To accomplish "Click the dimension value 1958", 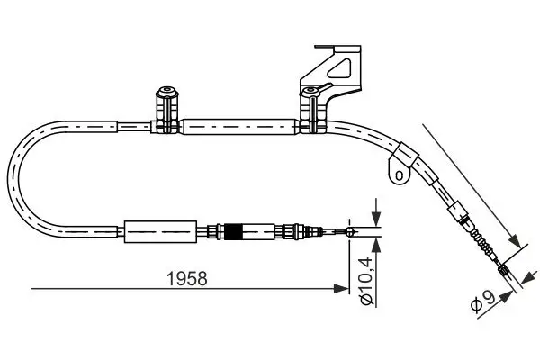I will pos(190,278).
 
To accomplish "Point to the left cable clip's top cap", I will pos(166,91).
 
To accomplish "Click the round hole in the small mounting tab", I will pos(395,171).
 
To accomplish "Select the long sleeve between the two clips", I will pos(238,128).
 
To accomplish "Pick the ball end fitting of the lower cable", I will pos(350,232).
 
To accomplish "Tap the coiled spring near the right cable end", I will pos(483,245).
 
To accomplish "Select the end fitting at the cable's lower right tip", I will pos(505,268).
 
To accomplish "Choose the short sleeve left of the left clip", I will pos(132,128).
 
